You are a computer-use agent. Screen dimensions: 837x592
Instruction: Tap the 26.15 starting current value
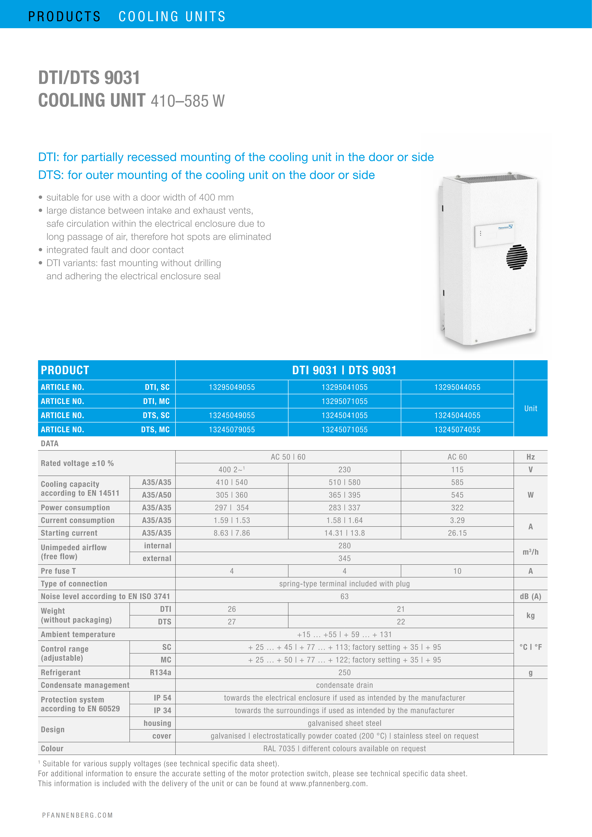457,533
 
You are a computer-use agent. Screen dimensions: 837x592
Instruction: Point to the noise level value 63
345,596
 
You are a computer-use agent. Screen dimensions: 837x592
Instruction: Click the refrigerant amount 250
345,673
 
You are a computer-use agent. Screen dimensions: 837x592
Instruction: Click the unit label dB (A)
530,596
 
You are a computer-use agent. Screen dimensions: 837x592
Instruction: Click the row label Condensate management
85,685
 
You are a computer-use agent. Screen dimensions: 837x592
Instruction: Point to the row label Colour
52,749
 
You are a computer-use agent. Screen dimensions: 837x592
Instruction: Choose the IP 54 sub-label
162,698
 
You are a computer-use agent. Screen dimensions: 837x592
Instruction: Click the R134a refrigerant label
160,673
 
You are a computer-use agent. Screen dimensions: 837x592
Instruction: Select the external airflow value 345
345,558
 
